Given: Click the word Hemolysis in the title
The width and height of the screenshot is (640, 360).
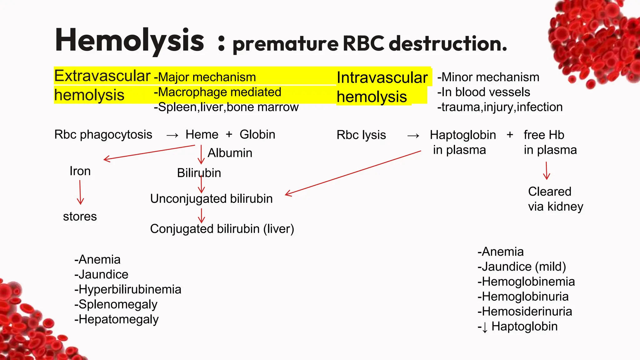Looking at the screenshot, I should (x=129, y=41).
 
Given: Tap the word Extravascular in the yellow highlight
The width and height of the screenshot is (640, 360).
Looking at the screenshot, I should (x=102, y=76).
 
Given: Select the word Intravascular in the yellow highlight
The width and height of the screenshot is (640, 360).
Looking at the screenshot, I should (x=382, y=77).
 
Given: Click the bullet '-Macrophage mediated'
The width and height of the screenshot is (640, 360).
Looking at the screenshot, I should (x=217, y=92).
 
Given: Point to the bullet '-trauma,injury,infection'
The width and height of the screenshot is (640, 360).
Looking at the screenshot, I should (x=500, y=107).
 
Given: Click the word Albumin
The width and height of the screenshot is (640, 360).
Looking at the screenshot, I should (x=230, y=153).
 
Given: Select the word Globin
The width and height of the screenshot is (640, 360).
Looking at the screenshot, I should (x=257, y=135).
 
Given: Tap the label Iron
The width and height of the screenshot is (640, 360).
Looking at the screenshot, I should (x=80, y=171).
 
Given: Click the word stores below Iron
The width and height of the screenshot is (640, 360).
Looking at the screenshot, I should (x=80, y=217).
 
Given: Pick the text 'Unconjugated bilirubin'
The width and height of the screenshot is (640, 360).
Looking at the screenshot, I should (x=211, y=199).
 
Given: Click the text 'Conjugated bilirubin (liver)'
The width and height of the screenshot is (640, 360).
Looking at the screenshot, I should (x=222, y=229).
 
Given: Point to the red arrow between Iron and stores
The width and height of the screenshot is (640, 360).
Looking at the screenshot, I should (x=80, y=192).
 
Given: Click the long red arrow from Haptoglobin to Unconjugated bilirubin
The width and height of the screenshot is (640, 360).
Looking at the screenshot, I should (x=353, y=173).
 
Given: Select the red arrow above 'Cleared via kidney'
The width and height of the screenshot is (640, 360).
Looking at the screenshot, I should (x=547, y=171).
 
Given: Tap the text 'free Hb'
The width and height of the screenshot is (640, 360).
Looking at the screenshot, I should (x=544, y=135).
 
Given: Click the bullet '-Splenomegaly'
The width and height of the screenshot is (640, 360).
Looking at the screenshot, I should (x=116, y=304).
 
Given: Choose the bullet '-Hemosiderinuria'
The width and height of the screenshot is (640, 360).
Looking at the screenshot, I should (x=525, y=312).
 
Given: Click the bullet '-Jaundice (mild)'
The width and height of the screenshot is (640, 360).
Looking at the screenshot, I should (x=522, y=267).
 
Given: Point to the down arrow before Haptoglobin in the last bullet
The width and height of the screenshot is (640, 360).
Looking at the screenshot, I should (x=485, y=327).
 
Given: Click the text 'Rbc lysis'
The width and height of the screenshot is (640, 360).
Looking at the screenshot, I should (x=361, y=135).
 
